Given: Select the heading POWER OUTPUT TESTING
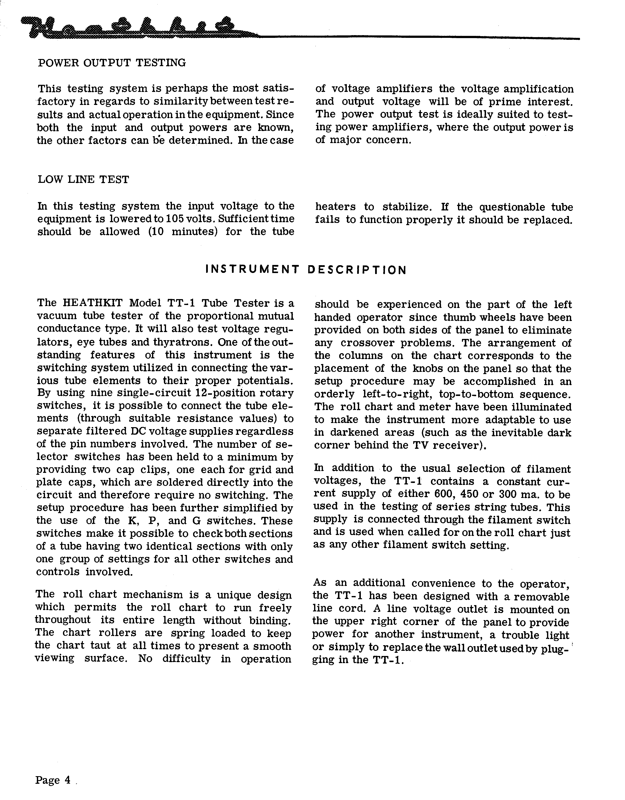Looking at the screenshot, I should tap(112, 63).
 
